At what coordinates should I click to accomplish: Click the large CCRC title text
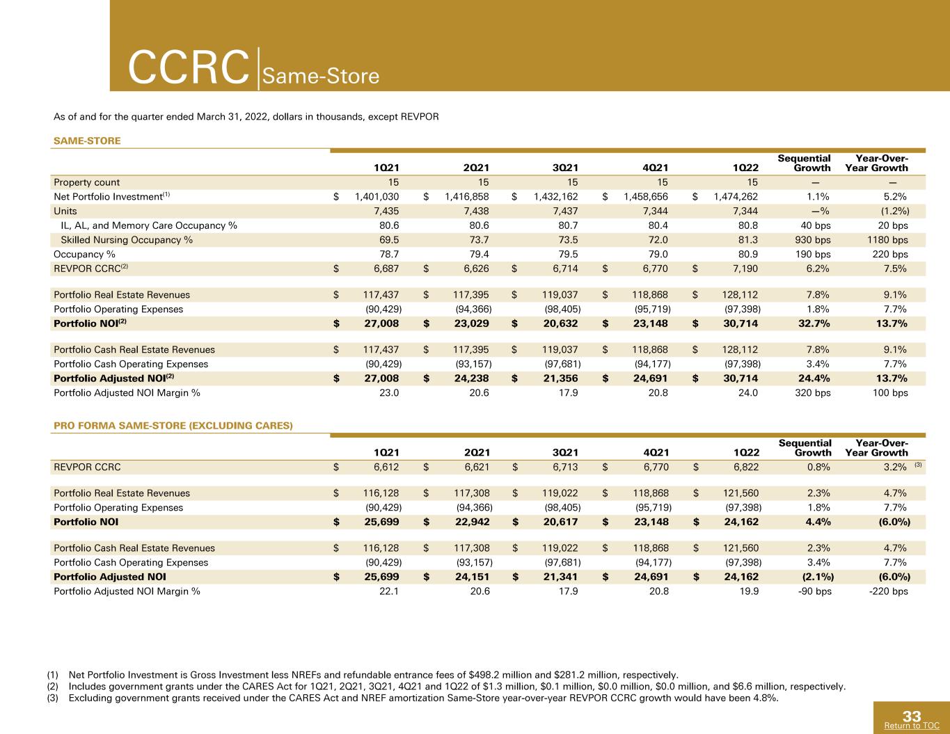(189, 67)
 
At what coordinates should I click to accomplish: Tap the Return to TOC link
(912, 725)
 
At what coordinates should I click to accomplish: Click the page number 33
(912, 716)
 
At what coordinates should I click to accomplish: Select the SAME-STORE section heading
(87, 141)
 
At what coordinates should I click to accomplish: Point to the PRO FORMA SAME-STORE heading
(173, 426)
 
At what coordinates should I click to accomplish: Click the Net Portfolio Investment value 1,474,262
(736, 197)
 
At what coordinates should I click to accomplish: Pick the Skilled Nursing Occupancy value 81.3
(747, 240)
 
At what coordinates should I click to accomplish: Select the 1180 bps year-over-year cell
(887, 240)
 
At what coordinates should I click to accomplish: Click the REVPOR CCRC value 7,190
(745, 269)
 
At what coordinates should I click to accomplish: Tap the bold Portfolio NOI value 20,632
(560, 324)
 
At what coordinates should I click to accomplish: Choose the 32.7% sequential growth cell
(814, 324)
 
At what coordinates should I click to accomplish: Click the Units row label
(65, 211)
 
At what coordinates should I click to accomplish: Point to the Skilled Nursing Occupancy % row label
(127, 240)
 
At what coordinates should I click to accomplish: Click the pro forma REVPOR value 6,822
(746, 467)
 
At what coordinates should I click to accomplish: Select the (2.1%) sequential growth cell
(818, 577)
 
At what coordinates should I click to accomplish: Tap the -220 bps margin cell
(888, 591)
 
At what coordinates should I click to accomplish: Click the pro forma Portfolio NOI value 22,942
(472, 522)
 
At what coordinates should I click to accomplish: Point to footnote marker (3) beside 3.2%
(918, 465)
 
